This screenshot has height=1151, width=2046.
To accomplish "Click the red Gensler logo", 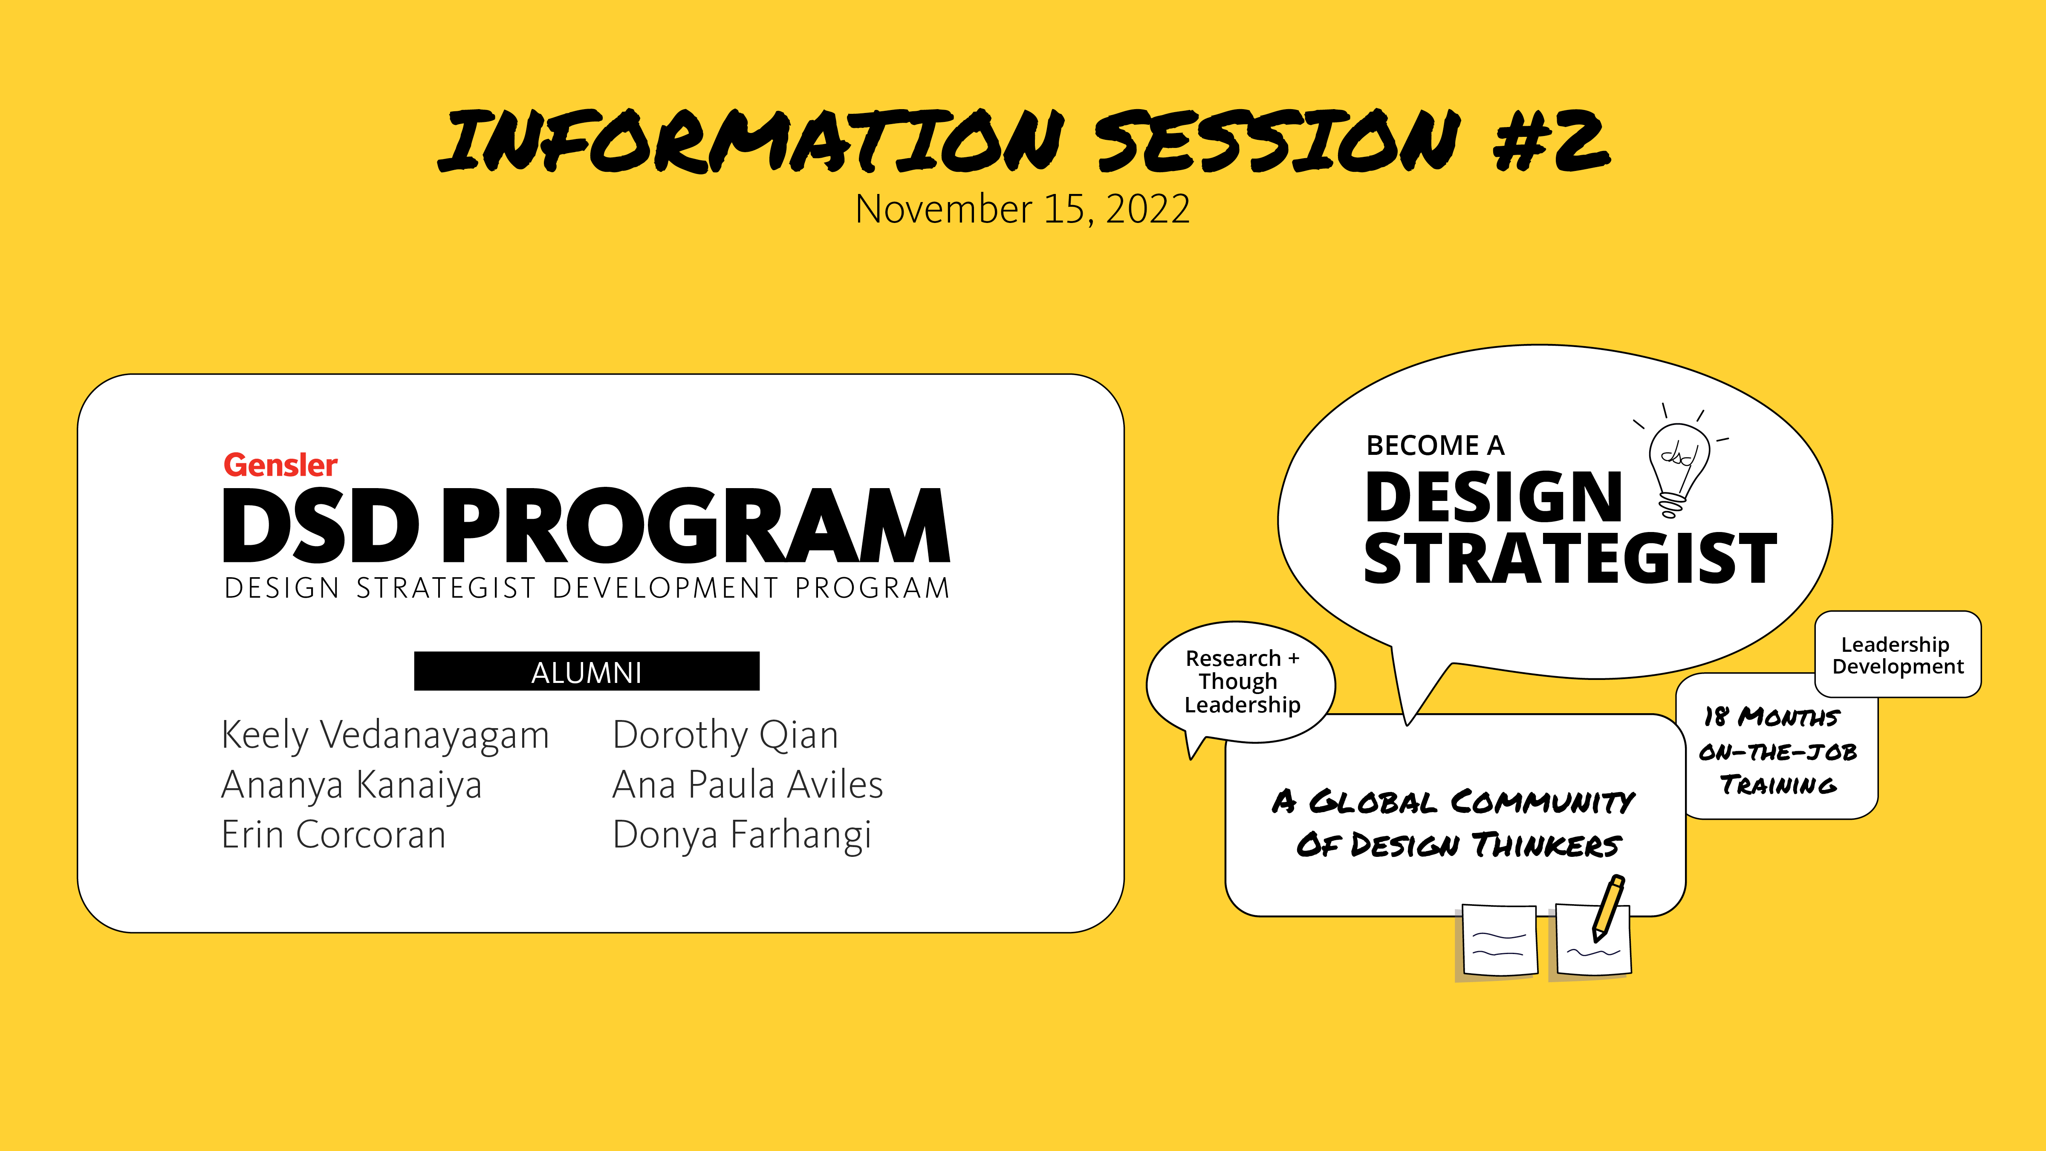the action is click(280, 465).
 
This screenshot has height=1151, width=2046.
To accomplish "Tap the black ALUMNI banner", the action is click(586, 671).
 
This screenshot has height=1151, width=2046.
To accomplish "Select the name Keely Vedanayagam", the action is click(385, 735).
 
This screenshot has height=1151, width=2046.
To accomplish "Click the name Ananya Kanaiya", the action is click(352, 785).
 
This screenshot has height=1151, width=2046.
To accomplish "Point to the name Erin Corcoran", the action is click(334, 835).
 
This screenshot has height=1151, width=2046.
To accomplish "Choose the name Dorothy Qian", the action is click(725, 735).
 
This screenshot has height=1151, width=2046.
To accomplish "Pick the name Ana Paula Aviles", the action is click(747, 785).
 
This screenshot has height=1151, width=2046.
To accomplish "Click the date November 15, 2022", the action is click(1022, 209).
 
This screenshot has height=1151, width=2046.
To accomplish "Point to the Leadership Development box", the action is click(1898, 654).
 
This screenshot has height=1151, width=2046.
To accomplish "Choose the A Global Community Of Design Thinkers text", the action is click(1454, 823).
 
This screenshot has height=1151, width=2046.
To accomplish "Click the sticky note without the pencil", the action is click(1499, 940).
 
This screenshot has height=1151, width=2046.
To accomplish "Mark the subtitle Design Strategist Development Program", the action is click(587, 588).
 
